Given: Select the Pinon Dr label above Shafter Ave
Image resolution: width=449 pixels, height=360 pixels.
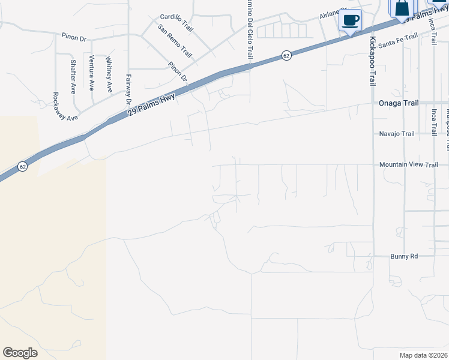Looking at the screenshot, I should point(74,37).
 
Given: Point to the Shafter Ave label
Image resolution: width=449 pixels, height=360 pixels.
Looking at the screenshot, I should point(73,77).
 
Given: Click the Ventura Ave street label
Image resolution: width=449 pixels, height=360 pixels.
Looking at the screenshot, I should point(91,72).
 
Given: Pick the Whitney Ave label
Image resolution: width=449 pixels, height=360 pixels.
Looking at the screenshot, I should point(109,74).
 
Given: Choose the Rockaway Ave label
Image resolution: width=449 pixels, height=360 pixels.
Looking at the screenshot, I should point(65,107).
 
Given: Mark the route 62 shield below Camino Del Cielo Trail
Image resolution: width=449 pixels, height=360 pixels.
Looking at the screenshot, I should point(286,56).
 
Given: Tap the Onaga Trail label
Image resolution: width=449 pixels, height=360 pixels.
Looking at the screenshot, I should point(398,103).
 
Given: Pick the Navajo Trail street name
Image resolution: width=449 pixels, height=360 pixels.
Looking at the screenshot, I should point(397,134).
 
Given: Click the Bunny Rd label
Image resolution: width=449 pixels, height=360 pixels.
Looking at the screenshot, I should point(405,256).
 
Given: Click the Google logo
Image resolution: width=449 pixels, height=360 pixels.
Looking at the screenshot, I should point(20,353).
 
